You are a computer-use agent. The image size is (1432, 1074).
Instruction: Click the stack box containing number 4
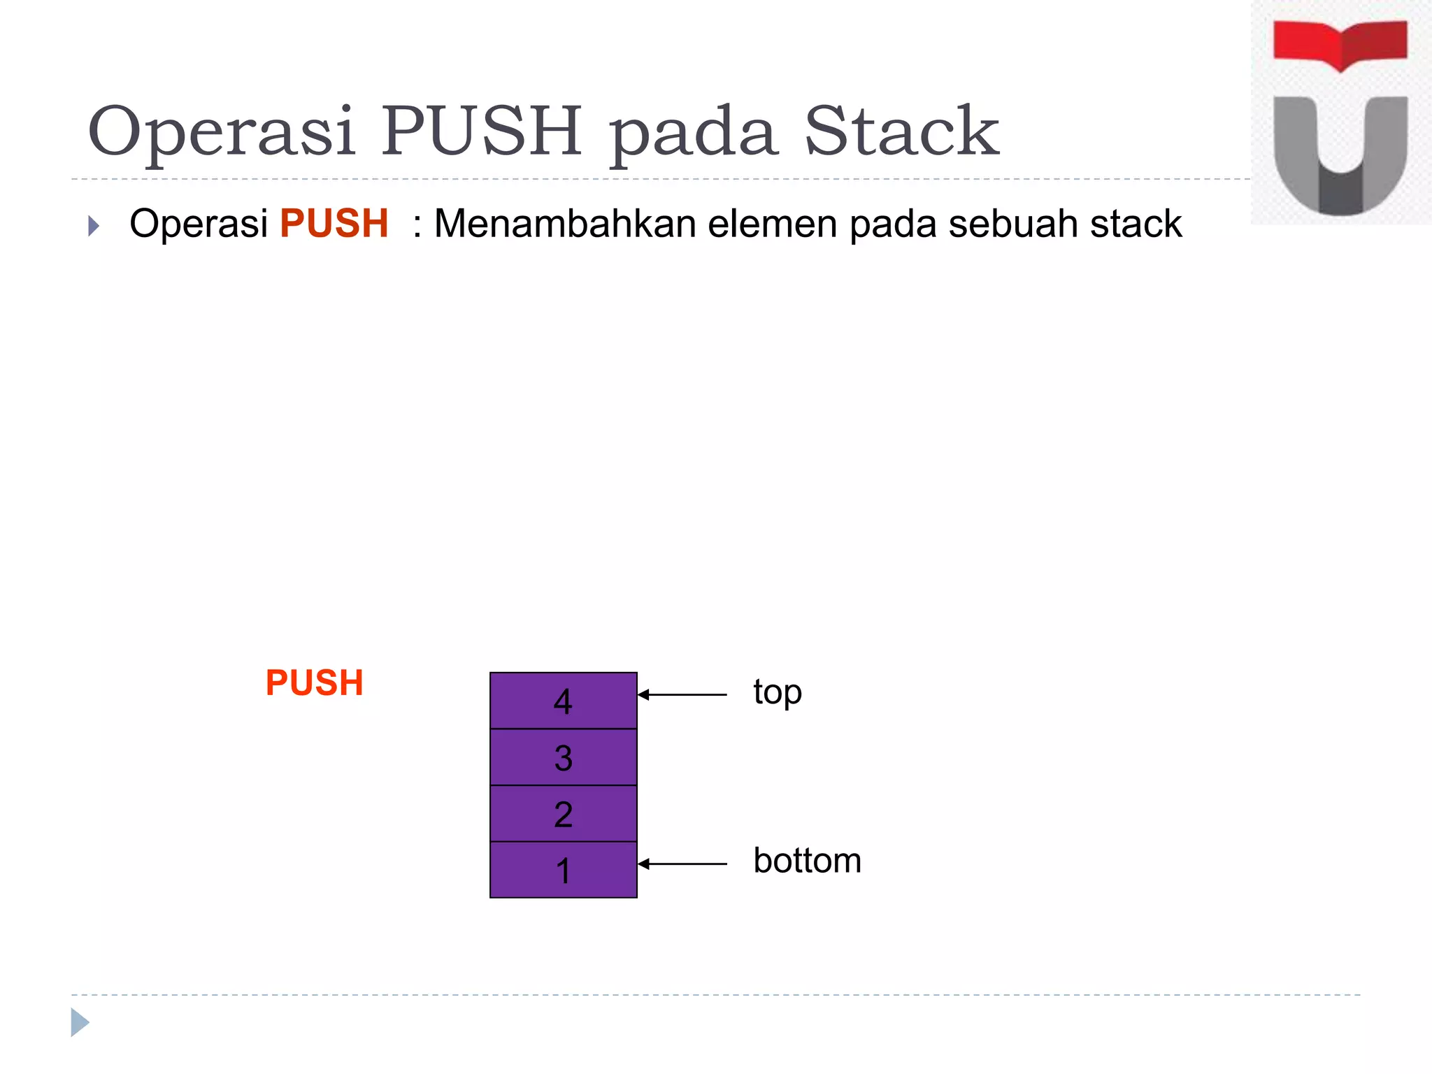(563, 701)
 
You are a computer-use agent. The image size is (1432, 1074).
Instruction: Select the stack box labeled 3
(563, 757)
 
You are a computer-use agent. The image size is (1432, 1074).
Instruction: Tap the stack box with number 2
(563, 814)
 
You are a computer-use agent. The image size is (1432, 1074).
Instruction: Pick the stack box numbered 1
(563, 871)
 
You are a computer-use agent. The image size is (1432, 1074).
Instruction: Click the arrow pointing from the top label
(682, 694)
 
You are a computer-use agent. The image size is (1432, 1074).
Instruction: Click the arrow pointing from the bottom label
(682, 864)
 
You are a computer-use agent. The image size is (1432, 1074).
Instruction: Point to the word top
(777, 693)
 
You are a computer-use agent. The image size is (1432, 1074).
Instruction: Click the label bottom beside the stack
(807, 861)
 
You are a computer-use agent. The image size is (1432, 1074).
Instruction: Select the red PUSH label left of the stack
(314, 683)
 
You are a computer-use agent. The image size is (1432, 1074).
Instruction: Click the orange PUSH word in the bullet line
(334, 224)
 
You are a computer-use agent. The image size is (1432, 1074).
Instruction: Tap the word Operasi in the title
(222, 131)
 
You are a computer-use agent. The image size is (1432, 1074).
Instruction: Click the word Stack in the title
(901, 131)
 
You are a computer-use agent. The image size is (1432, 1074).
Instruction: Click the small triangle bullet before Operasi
(94, 226)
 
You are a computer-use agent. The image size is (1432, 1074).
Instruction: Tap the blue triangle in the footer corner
(80, 1022)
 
